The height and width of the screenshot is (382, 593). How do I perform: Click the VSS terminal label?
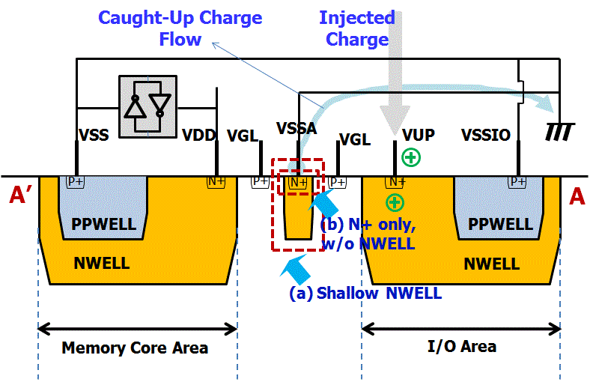point(94,136)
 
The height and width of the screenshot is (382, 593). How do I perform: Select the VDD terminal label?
point(198,136)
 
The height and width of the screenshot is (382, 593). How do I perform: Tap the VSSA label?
point(296,129)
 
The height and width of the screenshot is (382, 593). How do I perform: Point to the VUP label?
point(418,136)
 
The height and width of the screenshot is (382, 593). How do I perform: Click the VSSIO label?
point(486,136)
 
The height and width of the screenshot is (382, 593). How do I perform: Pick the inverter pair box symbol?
point(148,106)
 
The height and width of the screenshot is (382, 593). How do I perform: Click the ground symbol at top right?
point(561,133)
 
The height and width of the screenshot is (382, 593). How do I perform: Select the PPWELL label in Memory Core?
point(103,224)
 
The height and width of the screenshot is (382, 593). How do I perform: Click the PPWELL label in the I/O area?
point(498,224)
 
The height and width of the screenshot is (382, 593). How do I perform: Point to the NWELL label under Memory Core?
point(101,263)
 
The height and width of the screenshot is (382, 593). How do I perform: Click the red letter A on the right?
point(577,197)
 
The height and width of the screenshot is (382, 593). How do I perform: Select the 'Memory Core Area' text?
point(135,348)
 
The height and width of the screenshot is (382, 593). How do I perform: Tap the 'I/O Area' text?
point(461,346)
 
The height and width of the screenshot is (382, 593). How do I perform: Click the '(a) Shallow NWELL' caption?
point(365,293)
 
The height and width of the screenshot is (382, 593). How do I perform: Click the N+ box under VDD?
point(216,181)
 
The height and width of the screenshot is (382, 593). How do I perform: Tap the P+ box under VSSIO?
point(517,181)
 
